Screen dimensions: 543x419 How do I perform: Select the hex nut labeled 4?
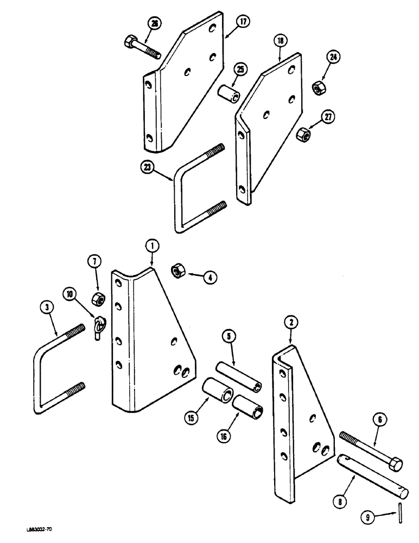(178, 270)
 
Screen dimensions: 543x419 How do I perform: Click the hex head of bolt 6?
(395, 464)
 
